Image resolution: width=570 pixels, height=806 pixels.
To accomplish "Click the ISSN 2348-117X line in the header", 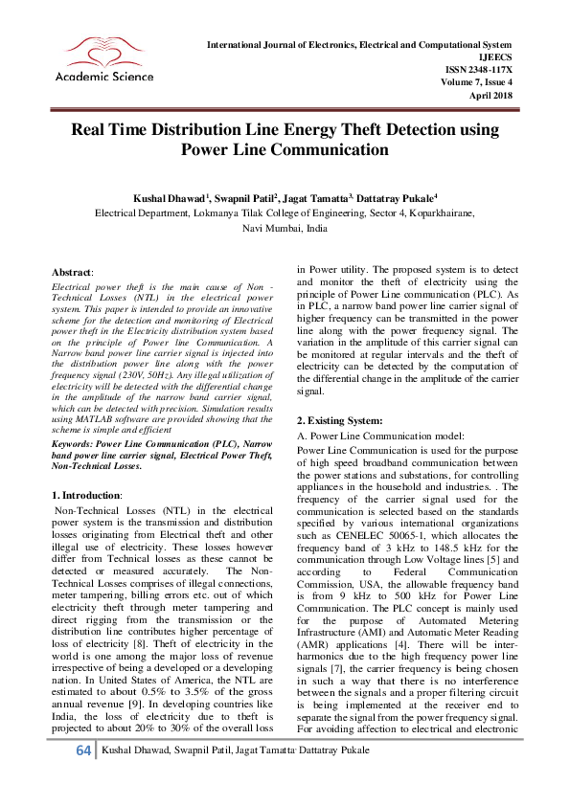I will (x=479, y=69).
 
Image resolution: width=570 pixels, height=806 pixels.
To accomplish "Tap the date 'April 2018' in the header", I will (x=491, y=94).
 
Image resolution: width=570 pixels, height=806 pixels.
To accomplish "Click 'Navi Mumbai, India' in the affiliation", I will (x=285, y=230).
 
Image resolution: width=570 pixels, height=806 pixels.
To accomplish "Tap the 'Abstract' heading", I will (x=72, y=272).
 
